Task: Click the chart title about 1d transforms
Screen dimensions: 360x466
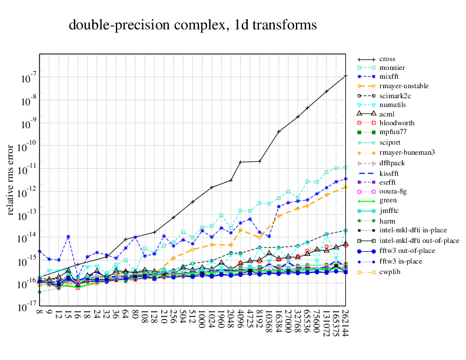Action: (192, 25)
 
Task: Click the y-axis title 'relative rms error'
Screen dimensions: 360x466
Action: (11, 178)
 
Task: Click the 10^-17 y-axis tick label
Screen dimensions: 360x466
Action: (28, 307)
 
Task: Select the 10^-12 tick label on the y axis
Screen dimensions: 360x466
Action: (28, 192)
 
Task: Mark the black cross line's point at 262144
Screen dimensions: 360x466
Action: (345, 76)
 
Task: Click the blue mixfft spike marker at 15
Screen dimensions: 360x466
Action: (68, 236)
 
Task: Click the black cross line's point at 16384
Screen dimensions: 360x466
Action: (279, 131)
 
